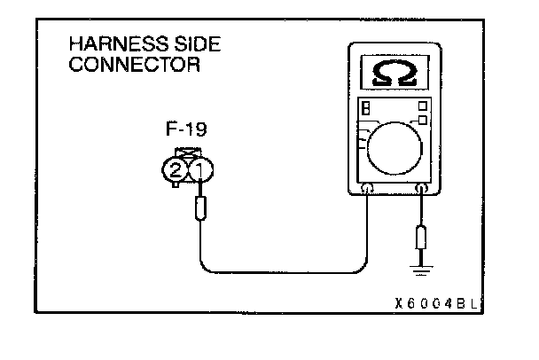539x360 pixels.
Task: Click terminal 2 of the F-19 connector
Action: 176,168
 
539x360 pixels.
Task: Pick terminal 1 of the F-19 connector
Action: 200,168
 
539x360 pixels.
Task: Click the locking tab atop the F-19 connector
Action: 188,153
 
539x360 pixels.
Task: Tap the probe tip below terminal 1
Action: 201,210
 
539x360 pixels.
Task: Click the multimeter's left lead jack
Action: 366,188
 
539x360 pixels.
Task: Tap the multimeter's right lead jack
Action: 422,188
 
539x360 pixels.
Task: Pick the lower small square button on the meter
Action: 424,120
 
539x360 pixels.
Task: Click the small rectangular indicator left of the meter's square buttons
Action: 365,108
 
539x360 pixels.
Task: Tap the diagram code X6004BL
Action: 438,302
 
